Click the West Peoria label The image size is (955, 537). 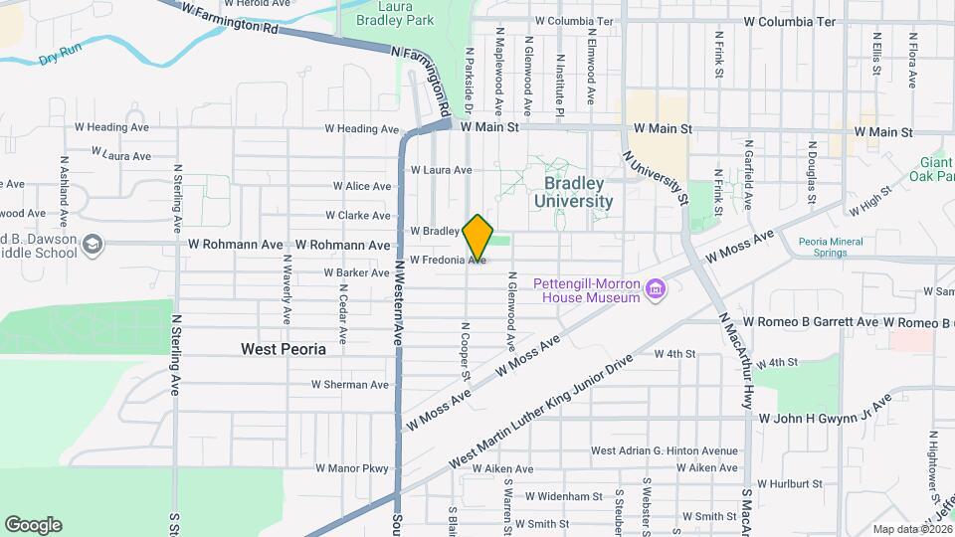284,349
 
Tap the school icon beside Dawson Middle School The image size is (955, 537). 93,244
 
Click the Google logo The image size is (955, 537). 33,525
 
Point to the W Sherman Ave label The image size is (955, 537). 350,384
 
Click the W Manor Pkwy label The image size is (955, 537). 352,467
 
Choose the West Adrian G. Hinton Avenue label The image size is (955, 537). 665,450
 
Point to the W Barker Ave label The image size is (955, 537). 356,272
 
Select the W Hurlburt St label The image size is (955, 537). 790,484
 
